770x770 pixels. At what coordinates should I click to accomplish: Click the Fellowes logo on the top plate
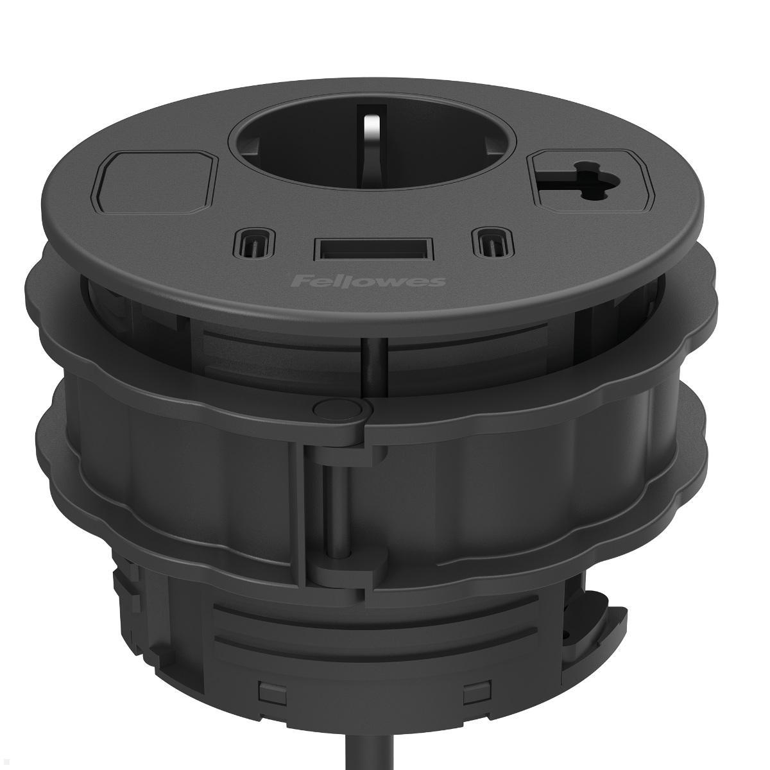coord(368,282)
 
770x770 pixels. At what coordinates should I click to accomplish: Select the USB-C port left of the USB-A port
coord(253,244)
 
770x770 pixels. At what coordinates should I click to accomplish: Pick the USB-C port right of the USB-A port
coord(492,244)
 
